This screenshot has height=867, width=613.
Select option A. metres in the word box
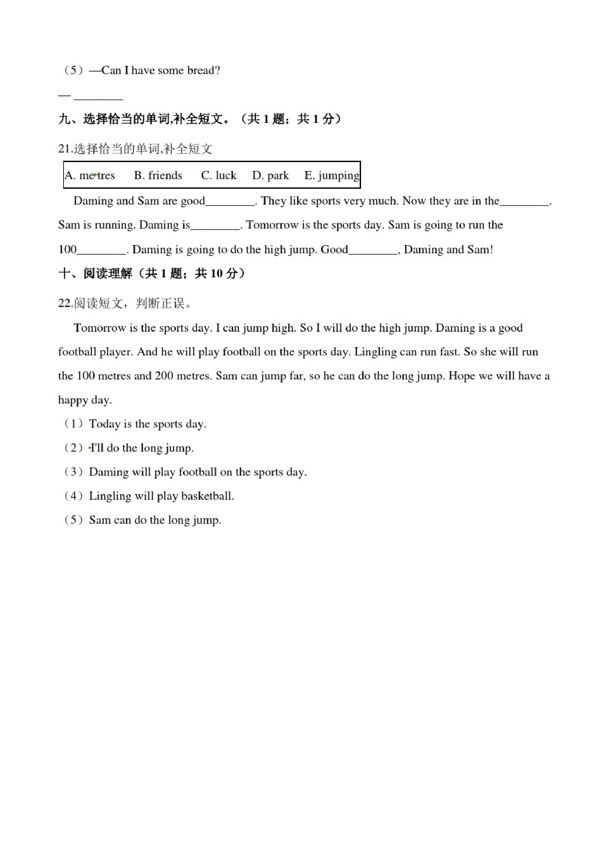pos(90,176)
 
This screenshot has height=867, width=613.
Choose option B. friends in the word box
pos(158,176)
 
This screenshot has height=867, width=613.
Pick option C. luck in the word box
pos(219,176)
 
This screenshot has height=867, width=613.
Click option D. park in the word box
pos(270,176)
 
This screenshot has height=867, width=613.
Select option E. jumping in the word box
pos(332,176)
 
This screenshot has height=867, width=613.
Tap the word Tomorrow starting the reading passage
pos(100,328)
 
